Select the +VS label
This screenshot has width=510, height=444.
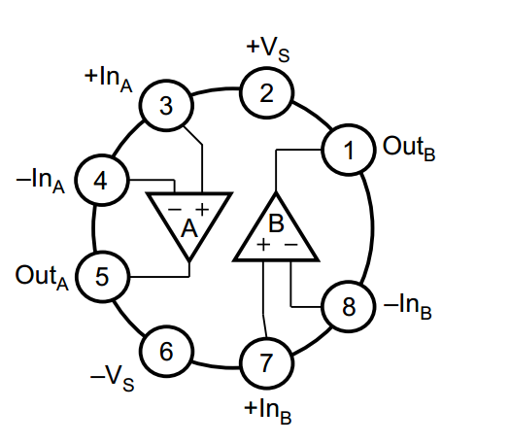[x=268, y=50]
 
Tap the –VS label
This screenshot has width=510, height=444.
[x=112, y=378]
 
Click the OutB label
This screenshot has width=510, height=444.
[x=409, y=149]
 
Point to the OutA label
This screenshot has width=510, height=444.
[x=42, y=278]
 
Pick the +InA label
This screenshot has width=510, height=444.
[x=108, y=79]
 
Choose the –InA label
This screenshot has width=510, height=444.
[x=41, y=181]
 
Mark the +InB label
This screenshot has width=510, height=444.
[x=268, y=412]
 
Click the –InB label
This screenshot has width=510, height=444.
[x=408, y=306]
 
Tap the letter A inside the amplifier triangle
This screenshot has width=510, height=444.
[x=189, y=229]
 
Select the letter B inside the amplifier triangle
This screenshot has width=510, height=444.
[x=276, y=222]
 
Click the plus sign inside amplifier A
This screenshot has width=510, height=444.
[x=202, y=209]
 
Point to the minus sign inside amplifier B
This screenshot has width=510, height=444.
[x=291, y=244]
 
